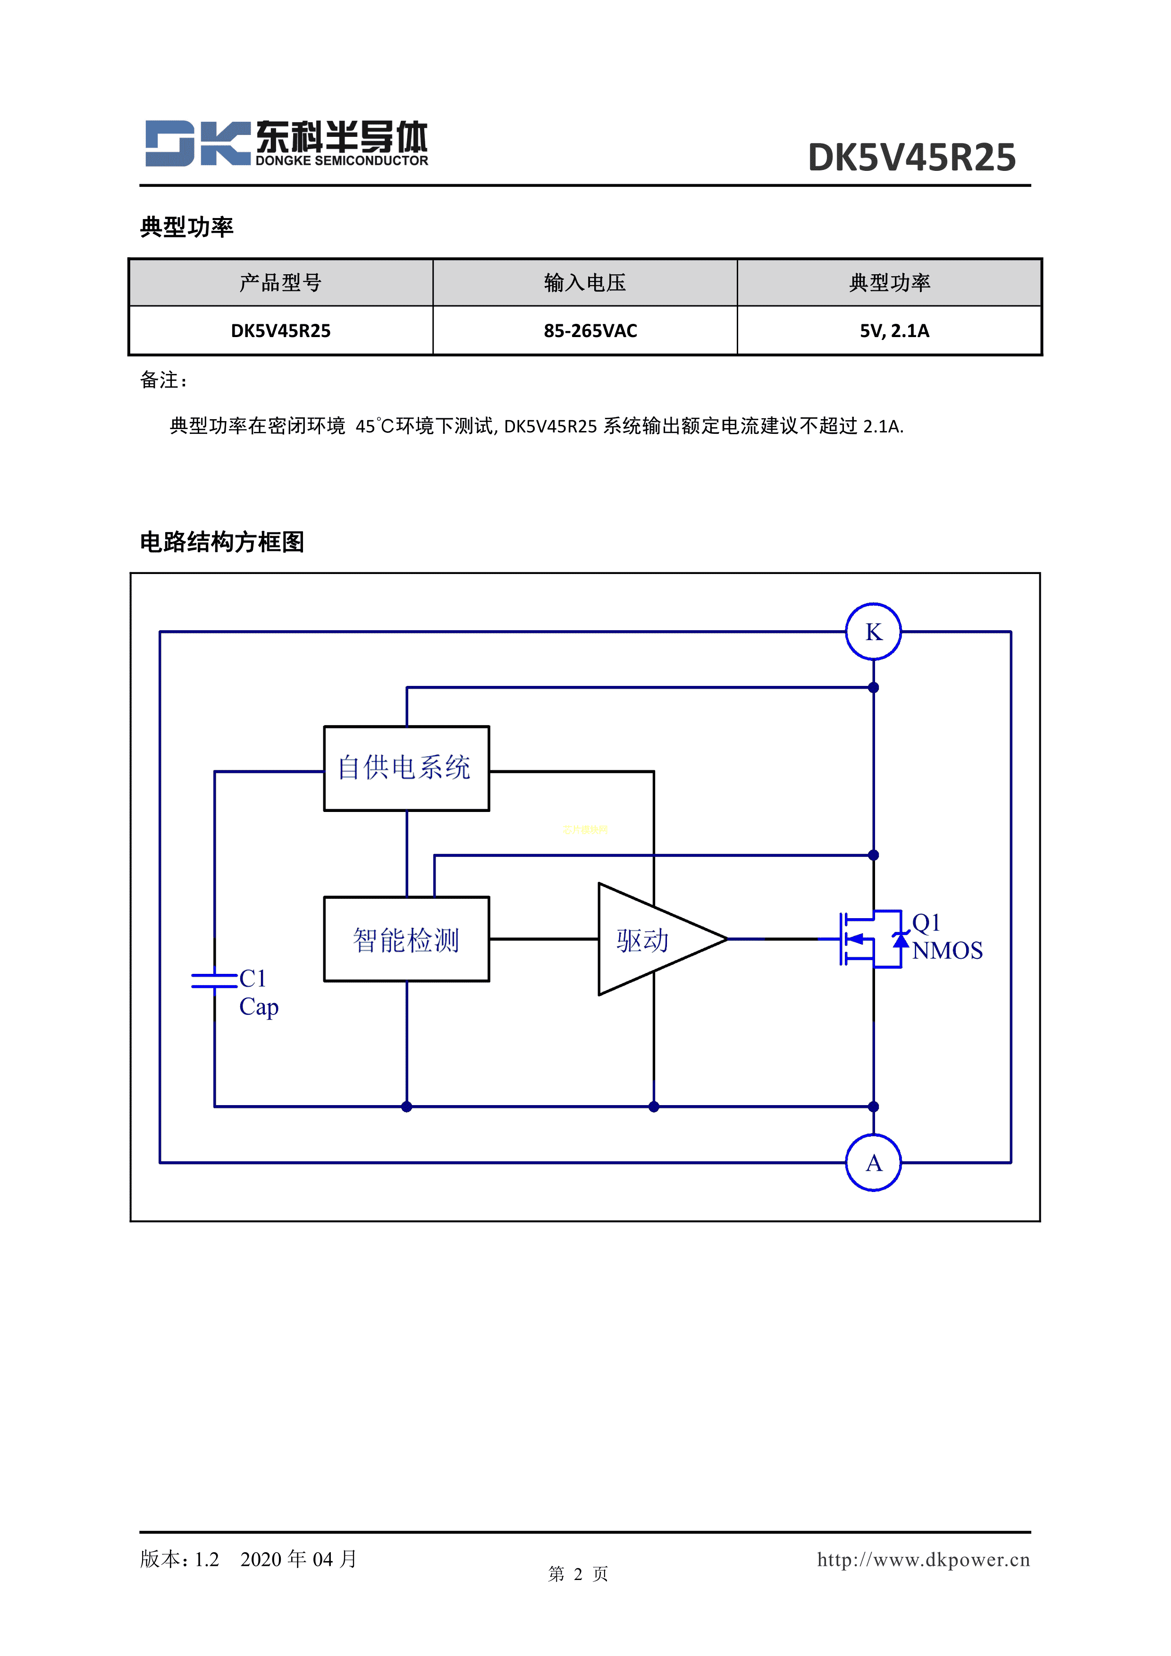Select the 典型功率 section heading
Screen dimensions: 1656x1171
(x=187, y=227)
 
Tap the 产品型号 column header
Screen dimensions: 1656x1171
(x=280, y=283)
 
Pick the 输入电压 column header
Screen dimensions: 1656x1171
(x=585, y=283)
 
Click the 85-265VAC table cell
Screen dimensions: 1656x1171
(x=590, y=331)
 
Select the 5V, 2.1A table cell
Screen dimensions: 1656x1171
(x=894, y=331)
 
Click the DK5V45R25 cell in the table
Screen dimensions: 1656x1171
(x=280, y=331)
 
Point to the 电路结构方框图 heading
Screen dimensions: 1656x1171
(x=222, y=541)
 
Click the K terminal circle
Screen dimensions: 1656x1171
(x=873, y=632)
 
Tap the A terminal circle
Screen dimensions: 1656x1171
(x=873, y=1163)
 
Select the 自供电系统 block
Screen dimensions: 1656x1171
(x=406, y=768)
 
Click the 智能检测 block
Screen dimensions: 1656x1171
(x=406, y=939)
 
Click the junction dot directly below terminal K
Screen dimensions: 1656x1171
(x=873, y=687)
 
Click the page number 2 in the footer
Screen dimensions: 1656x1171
(x=578, y=1574)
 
